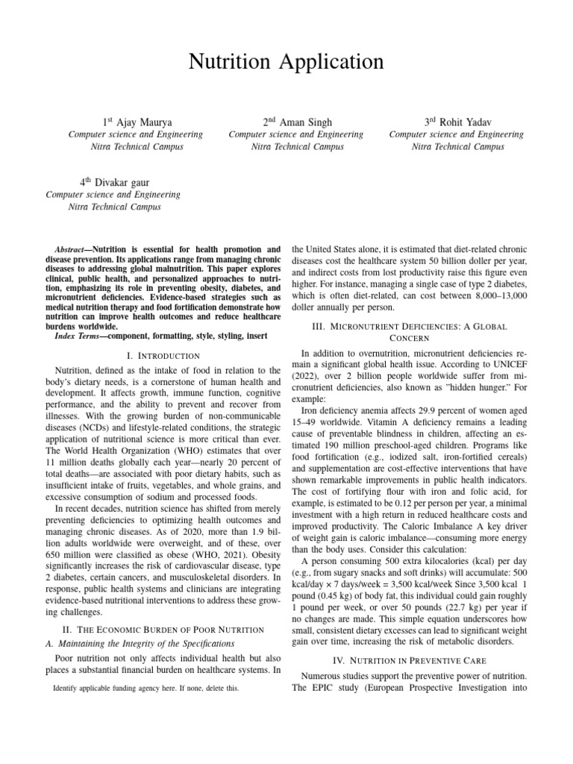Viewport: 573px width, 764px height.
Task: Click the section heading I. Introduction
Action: (x=163, y=356)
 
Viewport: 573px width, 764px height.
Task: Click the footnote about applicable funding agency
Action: (x=146, y=689)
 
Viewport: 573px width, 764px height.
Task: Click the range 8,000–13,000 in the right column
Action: (x=491, y=296)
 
